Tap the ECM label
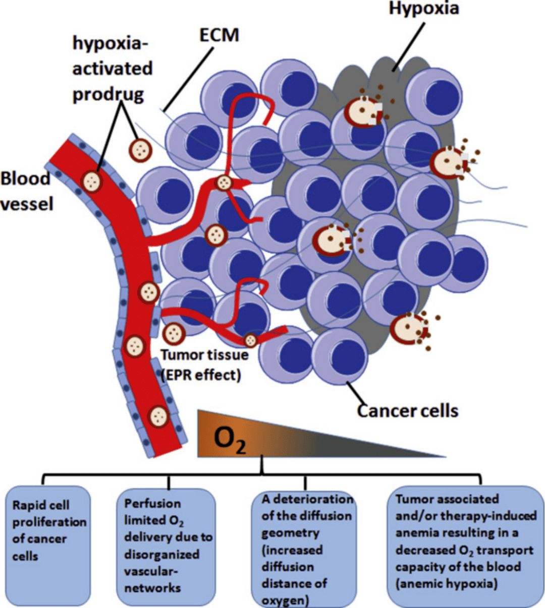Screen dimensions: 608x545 tap(219, 35)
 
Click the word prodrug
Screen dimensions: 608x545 tap(108, 94)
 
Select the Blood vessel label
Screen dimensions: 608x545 tap(26, 191)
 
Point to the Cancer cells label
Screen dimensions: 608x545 tap(408, 410)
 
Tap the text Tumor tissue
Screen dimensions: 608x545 tap(205, 355)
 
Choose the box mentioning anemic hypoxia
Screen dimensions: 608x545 tap(465, 544)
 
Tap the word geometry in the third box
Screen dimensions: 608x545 tap(290, 533)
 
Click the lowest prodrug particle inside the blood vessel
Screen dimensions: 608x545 tap(159, 416)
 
